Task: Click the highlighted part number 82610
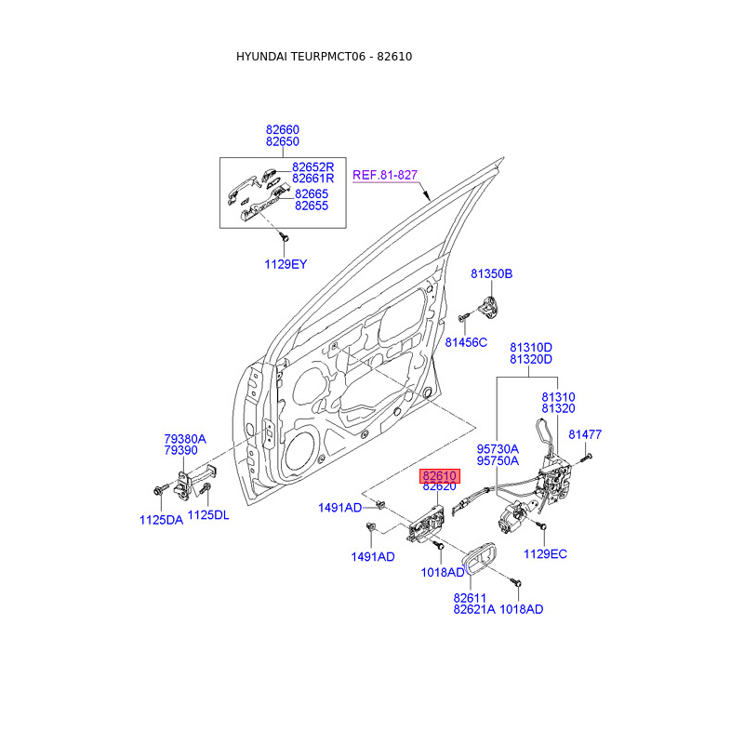(440, 475)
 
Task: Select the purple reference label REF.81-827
(385, 175)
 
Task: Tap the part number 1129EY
(286, 264)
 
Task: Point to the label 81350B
(491, 274)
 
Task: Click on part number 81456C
(466, 342)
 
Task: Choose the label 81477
(585, 434)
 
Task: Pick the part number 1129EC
(545, 554)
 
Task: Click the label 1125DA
(161, 520)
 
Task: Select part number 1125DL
(208, 514)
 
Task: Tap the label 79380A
(185, 438)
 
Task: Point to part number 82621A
(474, 609)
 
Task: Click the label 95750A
(498, 460)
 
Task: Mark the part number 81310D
(530, 347)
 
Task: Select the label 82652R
(312, 166)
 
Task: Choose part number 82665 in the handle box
(312, 193)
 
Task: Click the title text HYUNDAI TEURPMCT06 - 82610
(324, 57)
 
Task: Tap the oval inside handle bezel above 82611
(481, 560)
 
